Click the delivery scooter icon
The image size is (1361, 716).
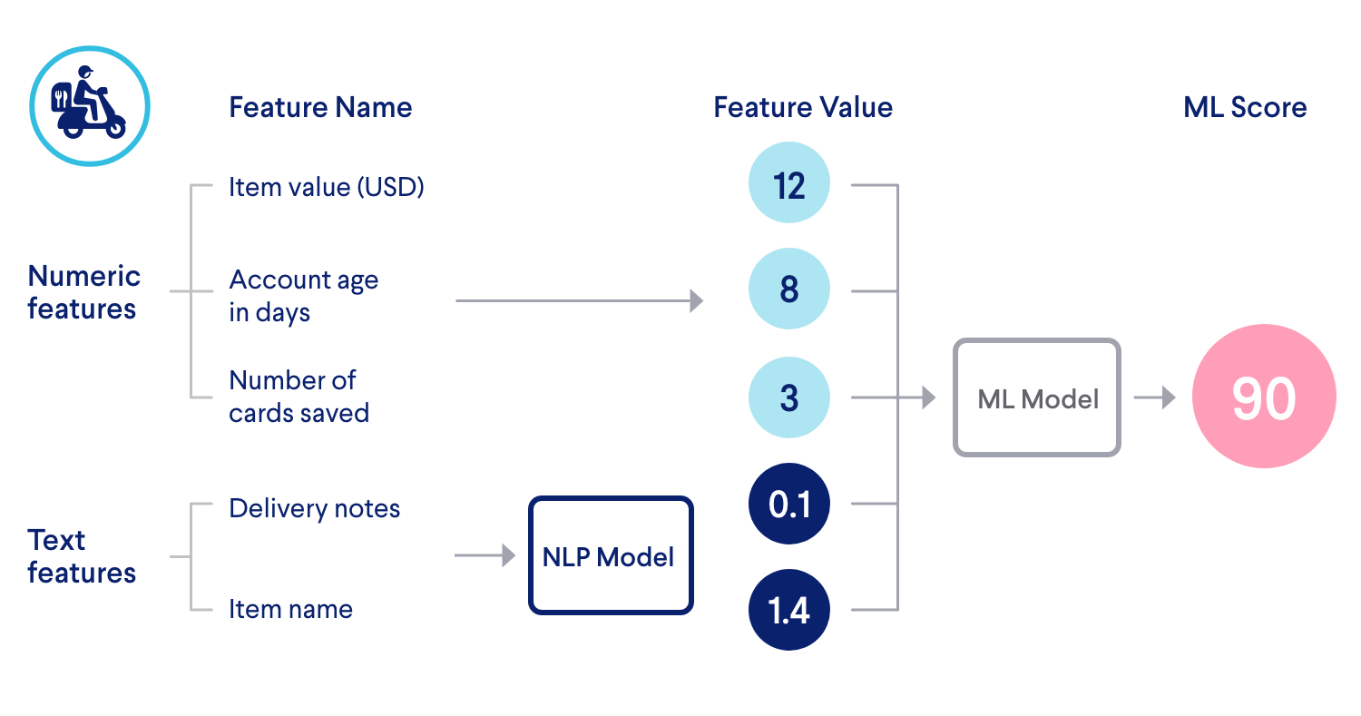[89, 106]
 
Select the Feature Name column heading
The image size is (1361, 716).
[320, 107]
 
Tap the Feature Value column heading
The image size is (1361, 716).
[802, 107]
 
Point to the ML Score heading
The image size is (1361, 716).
[1245, 107]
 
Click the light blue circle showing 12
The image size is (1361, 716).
[788, 185]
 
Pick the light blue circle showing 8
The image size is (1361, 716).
[788, 290]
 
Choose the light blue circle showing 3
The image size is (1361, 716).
[788, 397]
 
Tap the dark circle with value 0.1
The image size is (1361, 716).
[788, 504]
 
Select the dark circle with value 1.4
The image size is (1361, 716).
[788, 610]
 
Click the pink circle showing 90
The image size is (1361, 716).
[1263, 397]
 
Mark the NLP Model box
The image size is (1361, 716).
[610, 555]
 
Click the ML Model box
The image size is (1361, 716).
[1037, 397]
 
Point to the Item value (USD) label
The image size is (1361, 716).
[327, 187]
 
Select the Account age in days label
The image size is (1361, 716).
[303, 296]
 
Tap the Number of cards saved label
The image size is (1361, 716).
[299, 397]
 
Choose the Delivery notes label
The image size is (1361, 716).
[314, 508]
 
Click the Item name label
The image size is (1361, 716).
[290, 609]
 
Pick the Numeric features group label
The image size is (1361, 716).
[83, 292]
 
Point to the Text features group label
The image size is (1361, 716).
[82, 556]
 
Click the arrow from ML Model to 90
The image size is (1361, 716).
[1154, 397]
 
